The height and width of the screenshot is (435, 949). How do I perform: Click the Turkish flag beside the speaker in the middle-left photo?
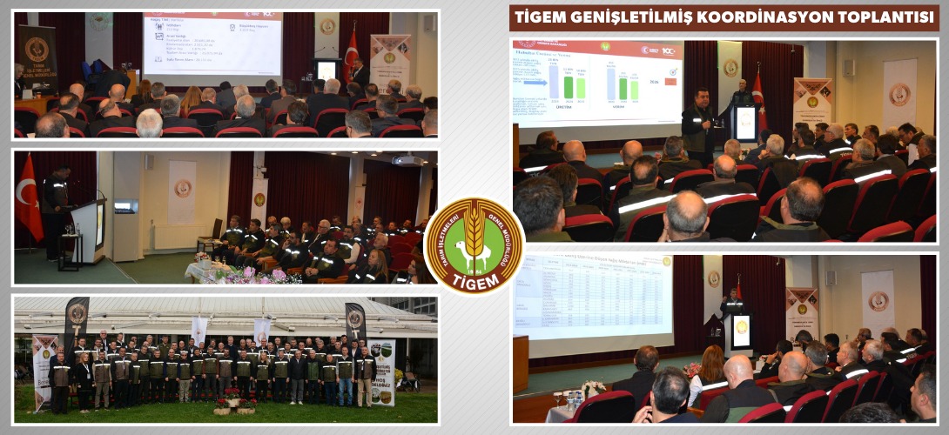(x=28, y=198)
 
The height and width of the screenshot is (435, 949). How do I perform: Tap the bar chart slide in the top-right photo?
(x=597, y=84)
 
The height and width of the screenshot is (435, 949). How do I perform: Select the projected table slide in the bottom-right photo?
(x=592, y=296)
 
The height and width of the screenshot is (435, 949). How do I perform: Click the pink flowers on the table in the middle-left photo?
(x=247, y=275)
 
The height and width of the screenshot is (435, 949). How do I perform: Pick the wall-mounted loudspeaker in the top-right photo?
(x=848, y=67)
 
